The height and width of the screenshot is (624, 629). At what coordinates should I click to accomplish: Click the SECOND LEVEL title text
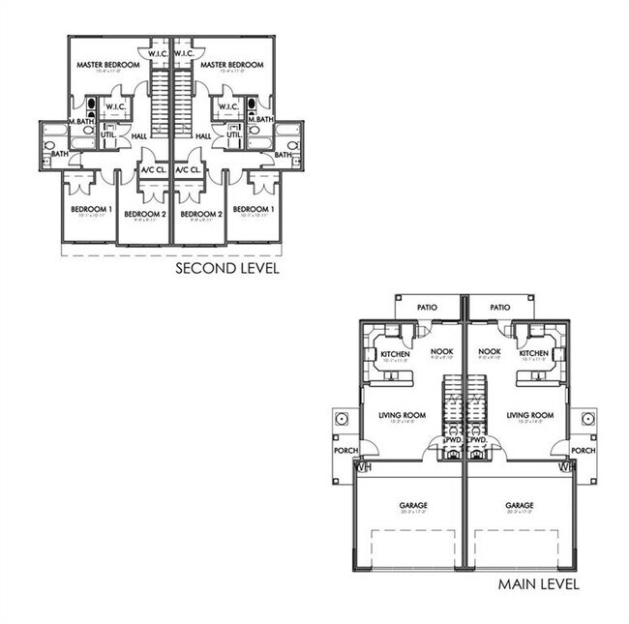click(x=226, y=268)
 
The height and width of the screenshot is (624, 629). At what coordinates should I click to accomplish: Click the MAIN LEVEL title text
click(x=539, y=584)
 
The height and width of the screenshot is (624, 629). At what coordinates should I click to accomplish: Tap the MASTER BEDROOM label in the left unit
click(x=107, y=65)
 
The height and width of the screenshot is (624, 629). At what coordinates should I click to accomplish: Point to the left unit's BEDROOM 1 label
click(x=91, y=209)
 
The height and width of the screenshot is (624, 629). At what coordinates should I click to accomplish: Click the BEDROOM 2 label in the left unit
click(x=145, y=213)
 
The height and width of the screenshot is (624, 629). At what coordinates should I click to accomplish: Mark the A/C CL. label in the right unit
click(x=188, y=169)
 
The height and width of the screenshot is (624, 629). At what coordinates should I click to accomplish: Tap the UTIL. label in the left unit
click(x=107, y=134)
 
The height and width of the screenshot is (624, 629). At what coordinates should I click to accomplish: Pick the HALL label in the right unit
click(x=203, y=136)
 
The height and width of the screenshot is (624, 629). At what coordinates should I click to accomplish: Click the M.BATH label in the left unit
click(x=81, y=119)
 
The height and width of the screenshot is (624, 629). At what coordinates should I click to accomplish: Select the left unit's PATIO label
click(x=427, y=308)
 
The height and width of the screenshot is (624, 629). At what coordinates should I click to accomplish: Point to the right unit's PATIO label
click(x=499, y=308)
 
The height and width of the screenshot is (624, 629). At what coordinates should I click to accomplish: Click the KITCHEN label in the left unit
click(x=394, y=354)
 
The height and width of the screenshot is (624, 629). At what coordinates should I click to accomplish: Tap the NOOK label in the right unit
click(x=490, y=351)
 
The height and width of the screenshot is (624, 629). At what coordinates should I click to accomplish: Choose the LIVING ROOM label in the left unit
click(x=401, y=415)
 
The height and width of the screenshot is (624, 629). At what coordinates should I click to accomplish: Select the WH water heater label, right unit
click(x=566, y=467)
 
